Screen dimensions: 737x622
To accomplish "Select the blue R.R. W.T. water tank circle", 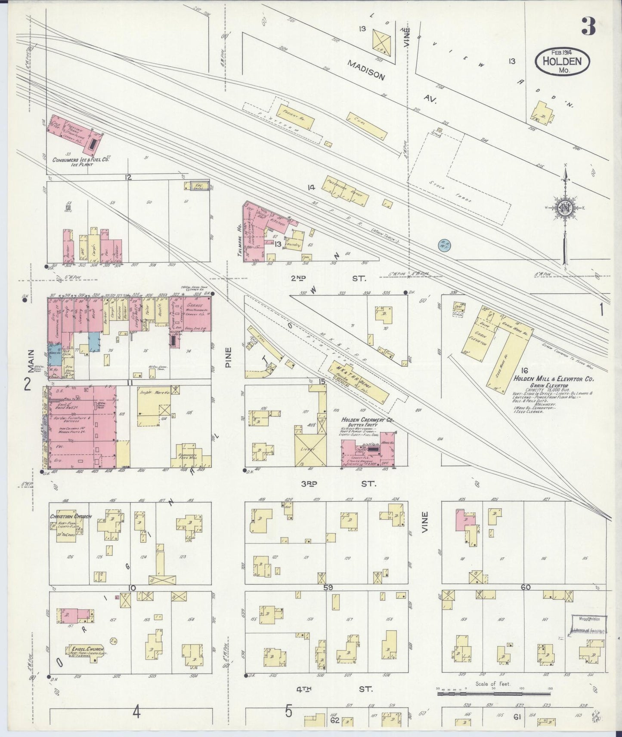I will click(444, 246).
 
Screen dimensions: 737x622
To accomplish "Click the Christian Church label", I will click(70, 516).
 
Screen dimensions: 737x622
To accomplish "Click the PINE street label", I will click(228, 356).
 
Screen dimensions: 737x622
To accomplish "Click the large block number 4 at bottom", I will click(136, 713).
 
